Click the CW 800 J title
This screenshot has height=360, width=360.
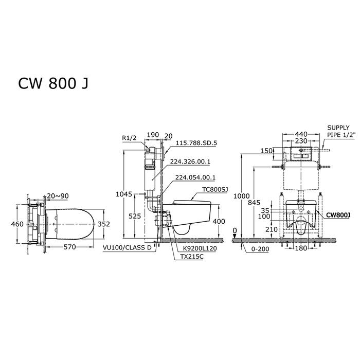click(53, 83)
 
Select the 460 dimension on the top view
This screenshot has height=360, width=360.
click(17, 224)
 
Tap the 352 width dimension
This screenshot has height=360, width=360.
click(104, 224)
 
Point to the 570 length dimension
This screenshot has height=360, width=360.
click(69, 247)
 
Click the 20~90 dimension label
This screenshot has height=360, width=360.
click(58, 196)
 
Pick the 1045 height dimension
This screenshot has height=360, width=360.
click(124, 194)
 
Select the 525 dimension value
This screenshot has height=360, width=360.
click(135, 216)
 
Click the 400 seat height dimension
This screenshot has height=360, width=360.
click(219, 221)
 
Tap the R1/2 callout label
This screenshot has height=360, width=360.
click(129, 138)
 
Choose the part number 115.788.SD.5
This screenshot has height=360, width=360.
click(196, 143)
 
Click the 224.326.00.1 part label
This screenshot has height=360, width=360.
click(190, 161)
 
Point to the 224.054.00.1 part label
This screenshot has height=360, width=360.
click(195, 177)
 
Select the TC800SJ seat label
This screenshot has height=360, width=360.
click(215, 190)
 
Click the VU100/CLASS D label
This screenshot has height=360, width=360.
click(127, 248)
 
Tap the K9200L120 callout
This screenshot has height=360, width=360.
click(200, 248)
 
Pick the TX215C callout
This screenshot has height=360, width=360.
click(192, 257)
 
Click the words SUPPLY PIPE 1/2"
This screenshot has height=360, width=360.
click(341, 131)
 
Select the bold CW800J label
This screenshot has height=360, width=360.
click(338, 215)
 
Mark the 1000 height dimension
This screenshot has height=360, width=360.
click(242, 196)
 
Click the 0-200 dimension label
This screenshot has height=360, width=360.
click(260, 249)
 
